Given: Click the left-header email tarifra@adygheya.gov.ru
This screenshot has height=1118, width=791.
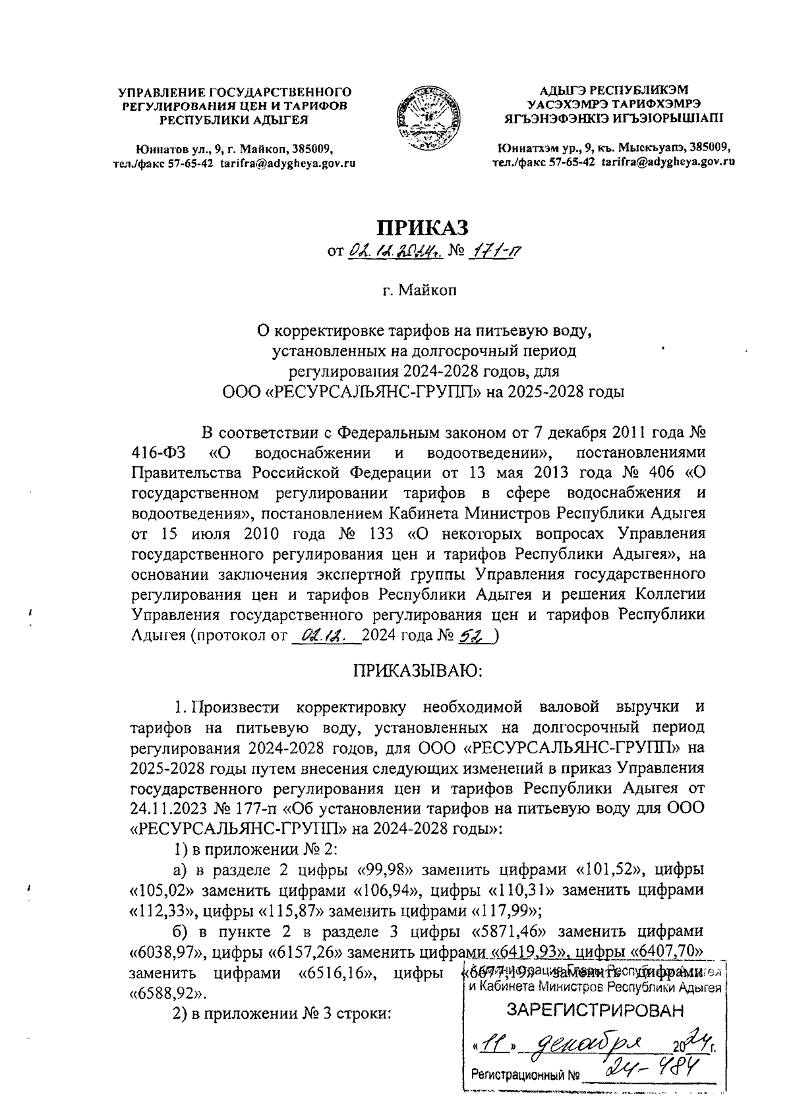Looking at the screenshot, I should click(x=287, y=163).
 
